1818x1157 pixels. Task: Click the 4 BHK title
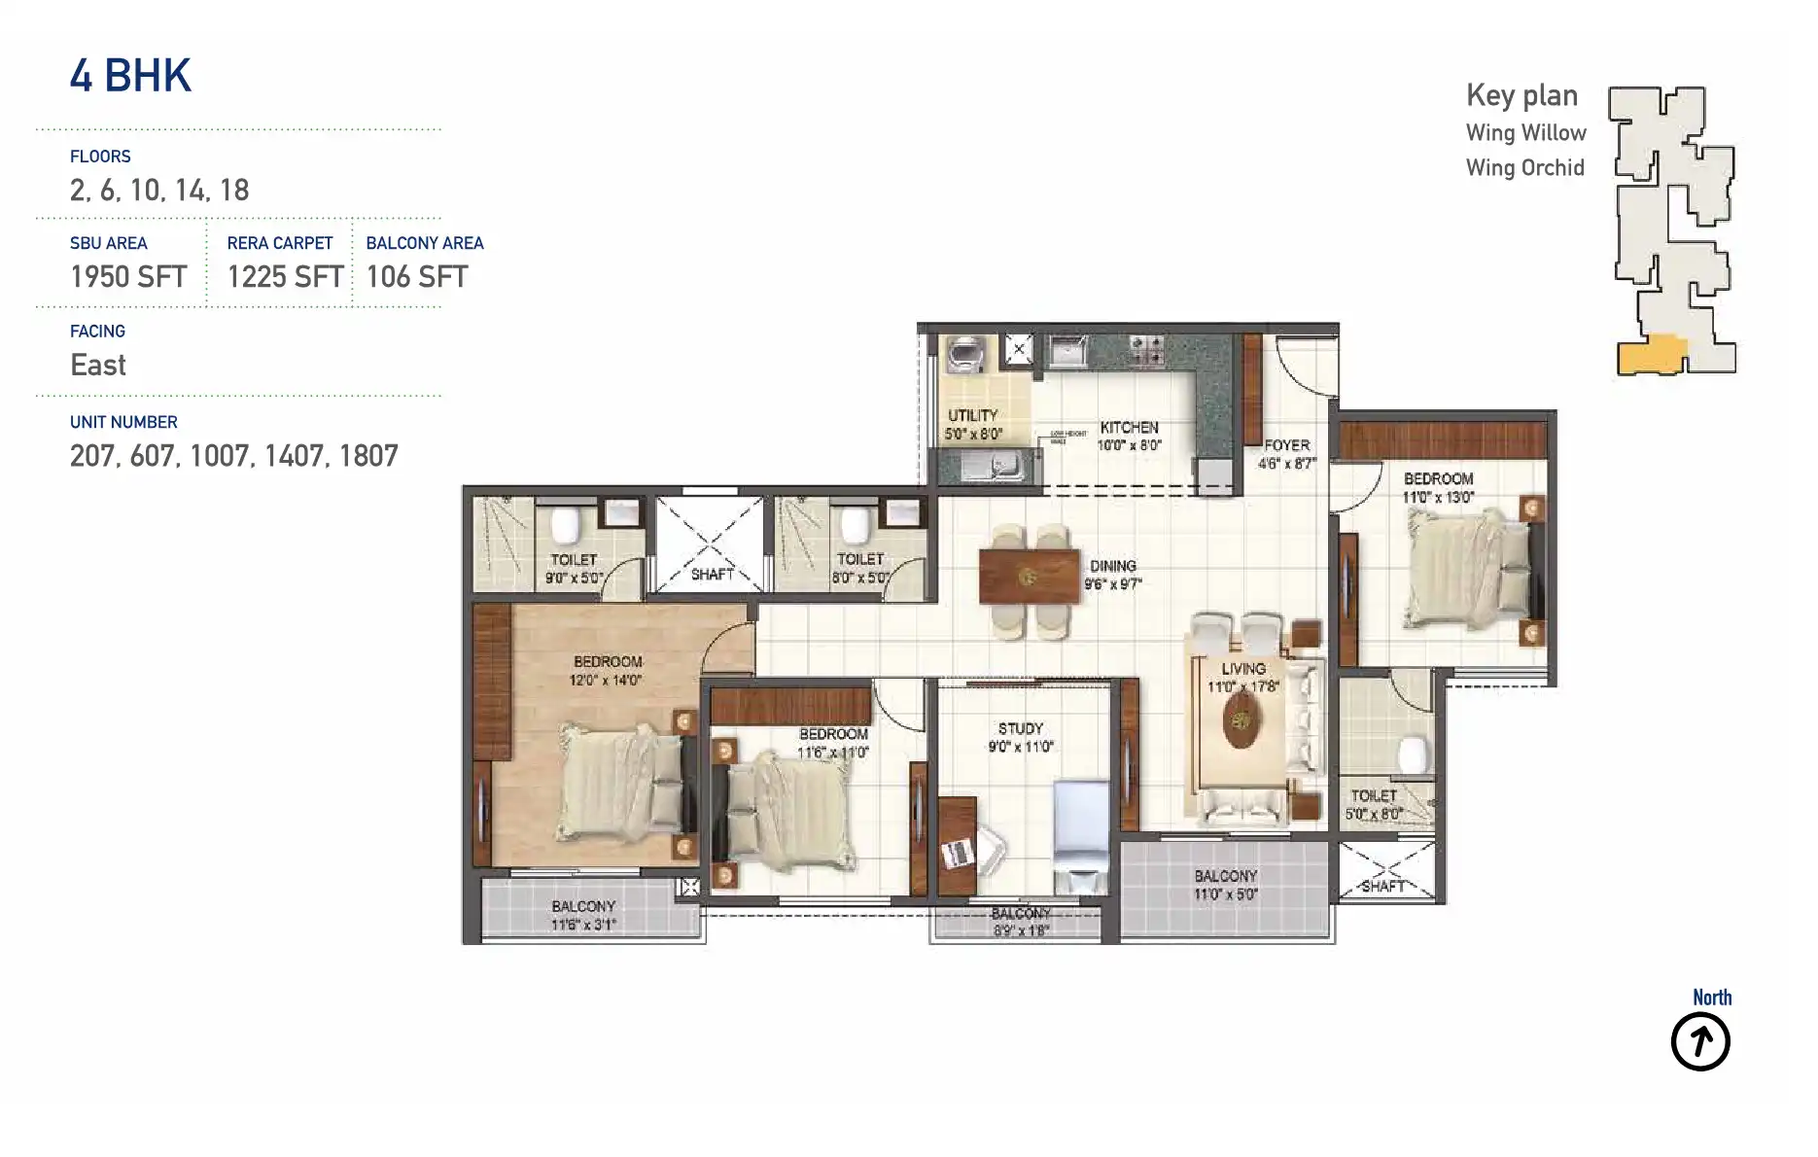(130, 76)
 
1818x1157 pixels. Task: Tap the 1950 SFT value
(128, 277)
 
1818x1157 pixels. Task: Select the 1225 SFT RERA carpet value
(285, 277)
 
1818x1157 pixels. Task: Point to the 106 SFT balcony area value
(417, 277)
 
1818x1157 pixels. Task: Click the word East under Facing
(98, 366)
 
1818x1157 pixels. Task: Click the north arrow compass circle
(1700, 1042)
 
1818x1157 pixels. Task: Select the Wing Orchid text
(1524, 168)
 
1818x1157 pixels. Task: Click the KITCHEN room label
(1129, 428)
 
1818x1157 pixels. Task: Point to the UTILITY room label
(972, 415)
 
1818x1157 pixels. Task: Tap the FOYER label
(1286, 445)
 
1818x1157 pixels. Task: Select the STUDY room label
(1020, 728)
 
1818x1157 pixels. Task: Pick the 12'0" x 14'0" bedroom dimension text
(606, 681)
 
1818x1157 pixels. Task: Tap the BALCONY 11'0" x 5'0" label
(1225, 885)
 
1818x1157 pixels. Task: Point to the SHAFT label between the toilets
(712, 575)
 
